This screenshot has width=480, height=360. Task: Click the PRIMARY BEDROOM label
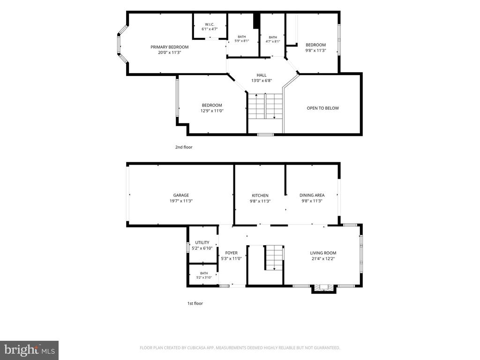(169, 47)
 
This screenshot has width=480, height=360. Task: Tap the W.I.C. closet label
(210, 24)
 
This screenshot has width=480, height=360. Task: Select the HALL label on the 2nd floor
(262, 75)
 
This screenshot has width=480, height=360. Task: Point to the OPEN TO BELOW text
(322, 108)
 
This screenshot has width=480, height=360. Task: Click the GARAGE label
(181, 195)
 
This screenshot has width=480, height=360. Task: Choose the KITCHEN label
(260, 195)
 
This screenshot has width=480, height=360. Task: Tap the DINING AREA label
(312, 195)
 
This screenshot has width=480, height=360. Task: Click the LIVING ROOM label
(323, 253)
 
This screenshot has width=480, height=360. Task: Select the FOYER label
(231, 253)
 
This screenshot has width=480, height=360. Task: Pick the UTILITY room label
(202, 243)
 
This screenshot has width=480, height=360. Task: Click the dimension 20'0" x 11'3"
(170, 52)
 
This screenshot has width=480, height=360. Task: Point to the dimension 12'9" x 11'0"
(212, 111)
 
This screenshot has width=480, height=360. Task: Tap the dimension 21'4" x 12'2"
(323, 259)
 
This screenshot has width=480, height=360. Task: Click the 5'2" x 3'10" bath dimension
(204, 277)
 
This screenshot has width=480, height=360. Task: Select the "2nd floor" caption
(184, 147)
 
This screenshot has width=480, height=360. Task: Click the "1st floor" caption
(195, 304)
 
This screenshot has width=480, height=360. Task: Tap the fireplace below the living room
(324, 289)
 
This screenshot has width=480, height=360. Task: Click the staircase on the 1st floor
(274, 258)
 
